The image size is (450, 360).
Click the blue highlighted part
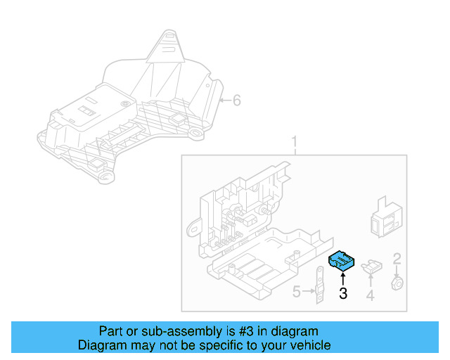[341, 261]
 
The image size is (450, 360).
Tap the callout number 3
[343, 293]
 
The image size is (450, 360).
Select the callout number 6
[236, 101]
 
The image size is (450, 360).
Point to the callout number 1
[295, 143]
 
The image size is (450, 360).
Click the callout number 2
[397, 259]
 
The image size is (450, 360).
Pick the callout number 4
[371, 295]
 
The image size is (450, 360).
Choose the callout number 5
[297, 292]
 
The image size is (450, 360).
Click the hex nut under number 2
[397, 283]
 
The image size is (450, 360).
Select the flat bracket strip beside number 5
[320, 285]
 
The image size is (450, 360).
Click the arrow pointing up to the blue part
[342, 279]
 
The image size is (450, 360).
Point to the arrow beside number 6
[225, 101]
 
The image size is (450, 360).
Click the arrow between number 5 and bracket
[309, 291]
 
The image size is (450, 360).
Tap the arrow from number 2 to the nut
[397, 271]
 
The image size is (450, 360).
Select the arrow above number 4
[371, 281]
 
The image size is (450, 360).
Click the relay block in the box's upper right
[386, 218]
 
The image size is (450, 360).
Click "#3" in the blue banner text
[246, 331]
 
